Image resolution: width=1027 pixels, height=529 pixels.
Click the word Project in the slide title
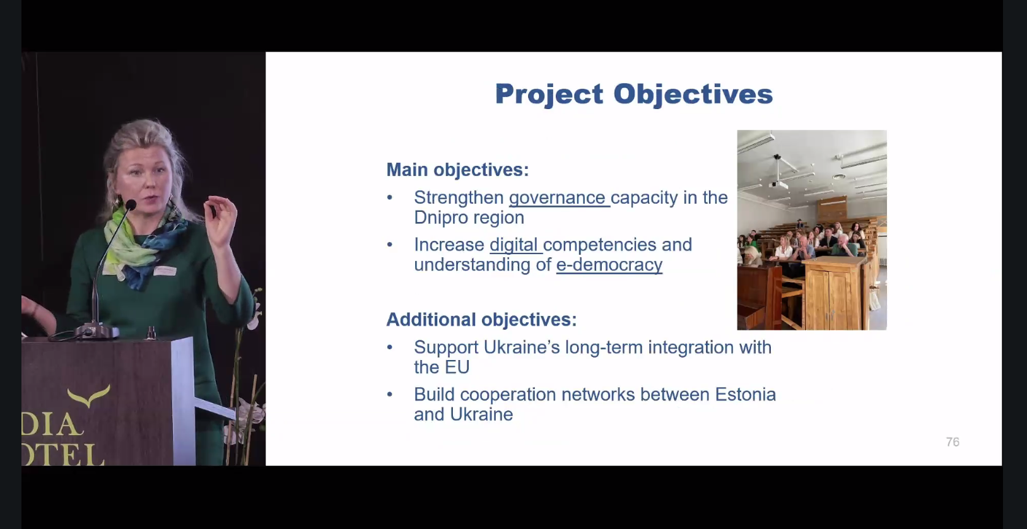(x=549, y=95)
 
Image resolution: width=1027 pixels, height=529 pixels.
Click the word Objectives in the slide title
(x=693, y=94)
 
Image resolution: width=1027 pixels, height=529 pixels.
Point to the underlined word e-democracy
(x=609, y=265)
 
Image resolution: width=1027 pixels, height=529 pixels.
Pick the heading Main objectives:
(x=457, y=170)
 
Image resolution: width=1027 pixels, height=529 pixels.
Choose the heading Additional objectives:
(x=481, y=320)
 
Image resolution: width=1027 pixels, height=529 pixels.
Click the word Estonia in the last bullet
(x=746, y=394)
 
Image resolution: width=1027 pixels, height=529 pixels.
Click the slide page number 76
(x=953, y=442)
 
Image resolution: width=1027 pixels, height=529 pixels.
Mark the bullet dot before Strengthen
(x=390, y=197)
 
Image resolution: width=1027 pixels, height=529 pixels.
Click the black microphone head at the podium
(x=131, y=205)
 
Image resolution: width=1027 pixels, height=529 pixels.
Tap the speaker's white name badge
(x=165, y=271)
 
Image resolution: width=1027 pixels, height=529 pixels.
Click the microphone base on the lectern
(x=97, y=330)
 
